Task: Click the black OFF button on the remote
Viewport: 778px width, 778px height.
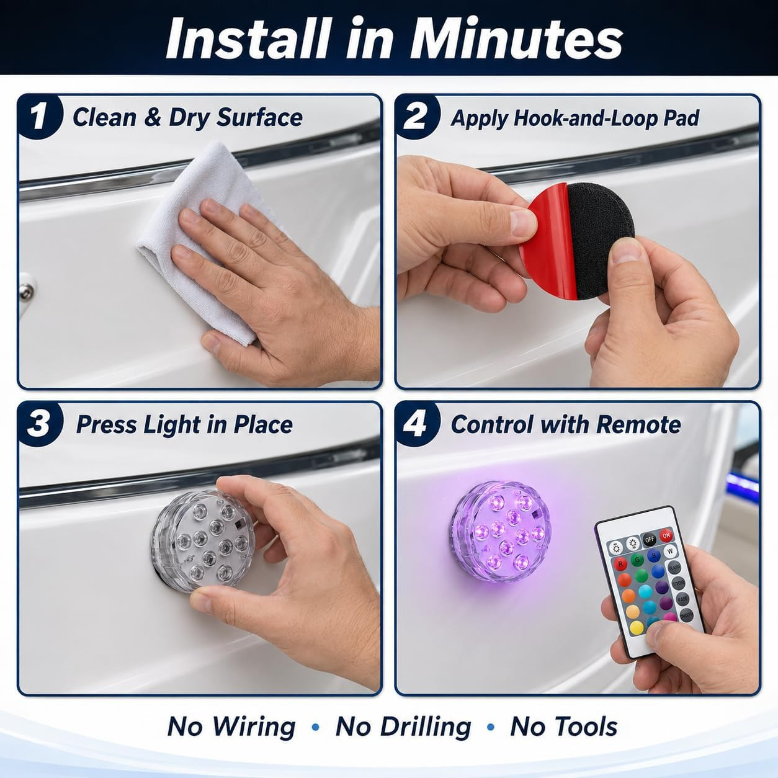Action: pyautogui.click(x=649, y=540)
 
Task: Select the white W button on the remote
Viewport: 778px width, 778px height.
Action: pyautogui.click(x=670, y=551)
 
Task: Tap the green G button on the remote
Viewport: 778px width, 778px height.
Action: pyautogui.click(x=638, y=560)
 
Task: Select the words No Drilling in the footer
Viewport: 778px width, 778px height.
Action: pyautogui.click(x=403, y=727)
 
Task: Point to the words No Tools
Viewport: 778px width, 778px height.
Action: pyautogui.click(x=563, y=727)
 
